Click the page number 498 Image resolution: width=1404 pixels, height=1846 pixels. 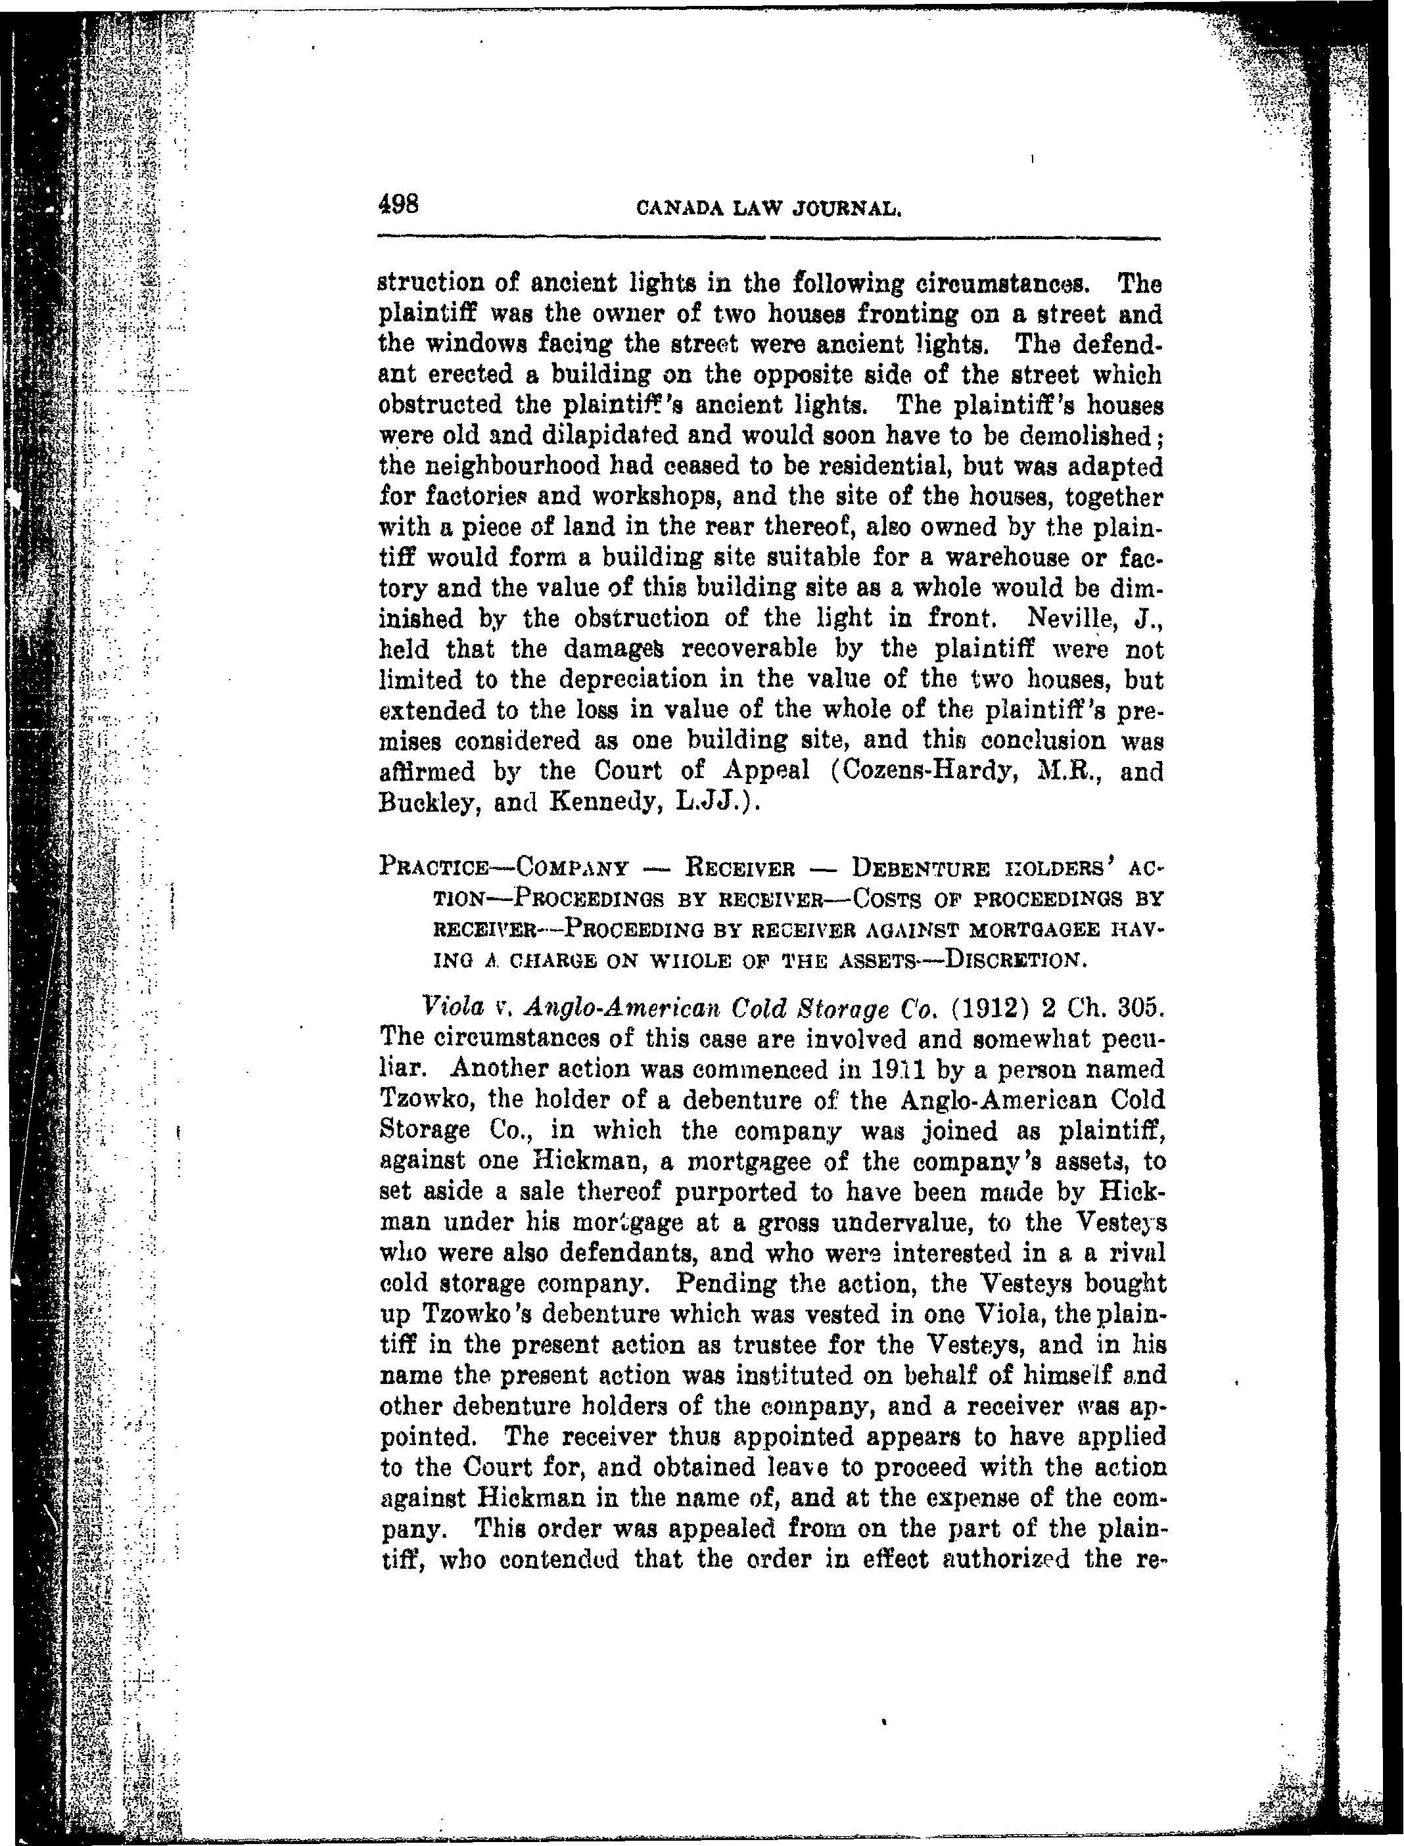pos(398,204)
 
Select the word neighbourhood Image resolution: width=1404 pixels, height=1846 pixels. pos(504,467)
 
